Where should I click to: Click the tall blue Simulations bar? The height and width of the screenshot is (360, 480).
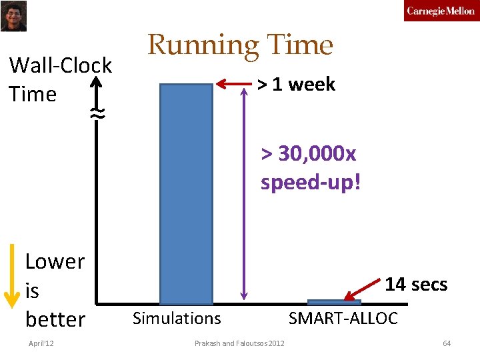coord(185,193)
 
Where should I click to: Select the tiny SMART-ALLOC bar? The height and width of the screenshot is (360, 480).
coord(334,302)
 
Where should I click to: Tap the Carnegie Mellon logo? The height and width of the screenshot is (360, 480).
coord(441,11)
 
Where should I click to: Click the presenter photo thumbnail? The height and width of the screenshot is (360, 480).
coord(13,16)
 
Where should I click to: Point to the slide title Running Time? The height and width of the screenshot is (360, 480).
coord(240,45)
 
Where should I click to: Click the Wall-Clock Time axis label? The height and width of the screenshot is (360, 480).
coord(60,79)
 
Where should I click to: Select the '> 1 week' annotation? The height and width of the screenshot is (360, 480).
coord(297,85)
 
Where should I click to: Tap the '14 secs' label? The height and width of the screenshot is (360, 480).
coord(416,284)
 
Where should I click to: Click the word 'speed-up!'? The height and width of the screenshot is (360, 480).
coord(310,182)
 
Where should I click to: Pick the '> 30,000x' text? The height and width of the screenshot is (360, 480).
coord(309,154)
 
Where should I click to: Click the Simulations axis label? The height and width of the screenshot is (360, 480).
coord(177,319)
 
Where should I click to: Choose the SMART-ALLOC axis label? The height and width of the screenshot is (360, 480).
coord(343,319)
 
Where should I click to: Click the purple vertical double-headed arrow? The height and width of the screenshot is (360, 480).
coord(245,193)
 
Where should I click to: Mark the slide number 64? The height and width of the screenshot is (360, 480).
coord(447,343)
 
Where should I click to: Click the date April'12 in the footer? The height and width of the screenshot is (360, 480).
coord(41,343)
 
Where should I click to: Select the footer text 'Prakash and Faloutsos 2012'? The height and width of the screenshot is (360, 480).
coord(239,343)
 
